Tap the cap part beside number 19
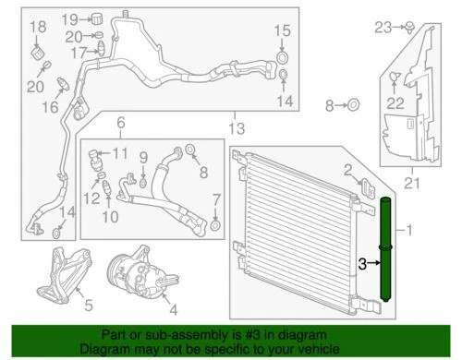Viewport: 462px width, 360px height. [x=94, y=19]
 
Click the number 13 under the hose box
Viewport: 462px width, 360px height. [x=237, y=126]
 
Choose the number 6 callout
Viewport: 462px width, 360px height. [x=119, y=123]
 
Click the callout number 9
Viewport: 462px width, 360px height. [x=143, y=158]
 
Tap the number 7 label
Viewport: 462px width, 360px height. [x=215, y=199]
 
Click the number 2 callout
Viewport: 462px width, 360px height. [x=347, y=168]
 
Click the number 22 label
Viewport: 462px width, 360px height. [x=395, y=102]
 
